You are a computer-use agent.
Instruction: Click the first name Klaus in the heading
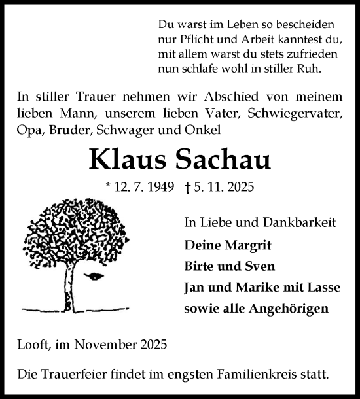[122, 160]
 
